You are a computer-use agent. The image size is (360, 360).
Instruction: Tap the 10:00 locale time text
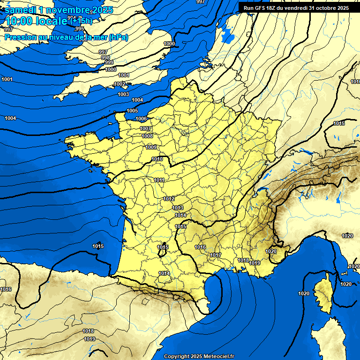36,21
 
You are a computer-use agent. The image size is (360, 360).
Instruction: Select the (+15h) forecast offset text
81,21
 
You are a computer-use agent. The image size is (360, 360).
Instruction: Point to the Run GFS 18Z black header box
296,7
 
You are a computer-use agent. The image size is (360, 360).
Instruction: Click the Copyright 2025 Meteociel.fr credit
199,356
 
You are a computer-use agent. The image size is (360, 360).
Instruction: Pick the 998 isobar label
105,57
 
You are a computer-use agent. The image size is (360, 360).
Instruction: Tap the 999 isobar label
109,62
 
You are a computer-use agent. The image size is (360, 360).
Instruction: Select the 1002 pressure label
120,84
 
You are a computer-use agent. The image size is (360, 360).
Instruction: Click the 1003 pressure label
123,94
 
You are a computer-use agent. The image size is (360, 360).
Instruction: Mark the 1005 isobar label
132,111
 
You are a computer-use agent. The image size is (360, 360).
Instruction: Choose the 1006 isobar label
141,119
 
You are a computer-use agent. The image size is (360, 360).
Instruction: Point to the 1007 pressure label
145,128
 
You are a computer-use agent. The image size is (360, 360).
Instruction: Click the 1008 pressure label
147,136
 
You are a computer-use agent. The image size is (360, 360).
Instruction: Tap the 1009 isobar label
151,147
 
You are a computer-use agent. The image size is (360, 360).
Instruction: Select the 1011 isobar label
159,180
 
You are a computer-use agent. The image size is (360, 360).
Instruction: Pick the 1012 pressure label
169,199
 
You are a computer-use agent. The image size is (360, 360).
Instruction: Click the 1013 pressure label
178,208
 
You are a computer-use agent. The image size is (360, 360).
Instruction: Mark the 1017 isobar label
216,255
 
